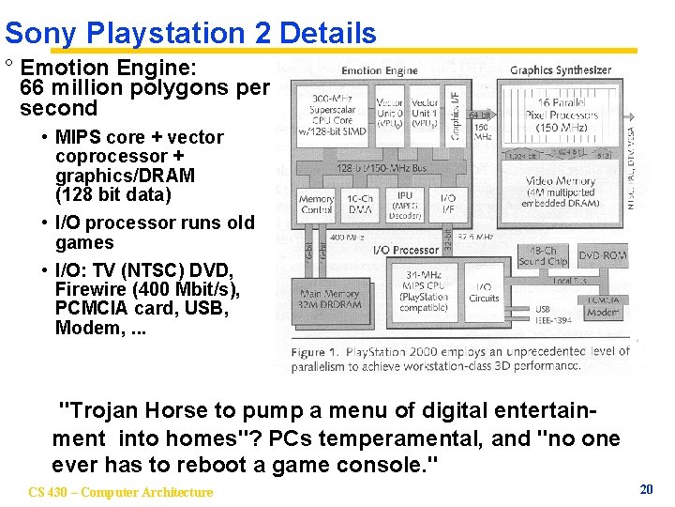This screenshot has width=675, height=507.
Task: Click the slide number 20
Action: tap(646, 489)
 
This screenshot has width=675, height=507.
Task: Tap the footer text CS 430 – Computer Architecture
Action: tap(121, 492)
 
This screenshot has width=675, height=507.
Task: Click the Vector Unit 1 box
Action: tap(424, 112)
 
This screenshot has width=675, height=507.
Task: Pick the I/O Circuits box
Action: tap(484, 293)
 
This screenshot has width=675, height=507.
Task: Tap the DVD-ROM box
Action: tap(601, 255)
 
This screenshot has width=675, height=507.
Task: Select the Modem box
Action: tap(602, 307)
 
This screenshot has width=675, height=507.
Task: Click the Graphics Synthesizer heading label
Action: tap(560, 69)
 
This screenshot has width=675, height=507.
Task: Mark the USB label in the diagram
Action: tap(543, 310)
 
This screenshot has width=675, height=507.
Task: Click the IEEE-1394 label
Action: tap(553, 321)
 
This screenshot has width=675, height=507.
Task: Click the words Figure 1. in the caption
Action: tap(317, 352)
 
